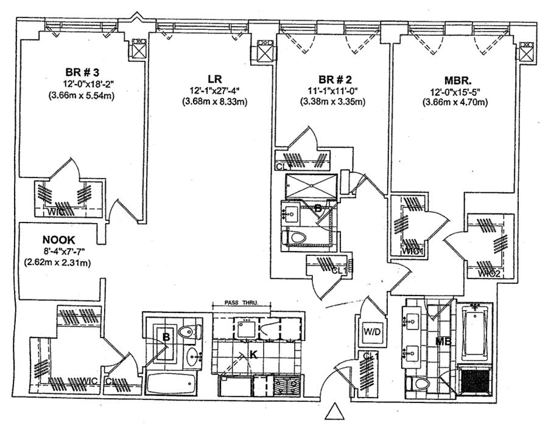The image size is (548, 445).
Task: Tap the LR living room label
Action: pyautogui.click(x=214, y=79)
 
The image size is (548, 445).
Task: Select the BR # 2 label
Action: pyautogui.click(x=335, y=79)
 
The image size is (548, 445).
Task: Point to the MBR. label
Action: pyautogui.click(x=455, y=79)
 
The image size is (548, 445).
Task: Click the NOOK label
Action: pyautogui.click(x=58, y=240)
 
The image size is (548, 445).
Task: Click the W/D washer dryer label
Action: pyautogui.click(x=371, y=332)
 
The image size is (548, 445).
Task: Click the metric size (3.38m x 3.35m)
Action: pyautogui.click(x=334, y=102)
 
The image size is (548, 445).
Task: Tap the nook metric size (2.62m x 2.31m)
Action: pyautogui.click(x=58, y=263)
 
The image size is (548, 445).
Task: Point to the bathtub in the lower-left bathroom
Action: pyautogui.click(x=171, y=384)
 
